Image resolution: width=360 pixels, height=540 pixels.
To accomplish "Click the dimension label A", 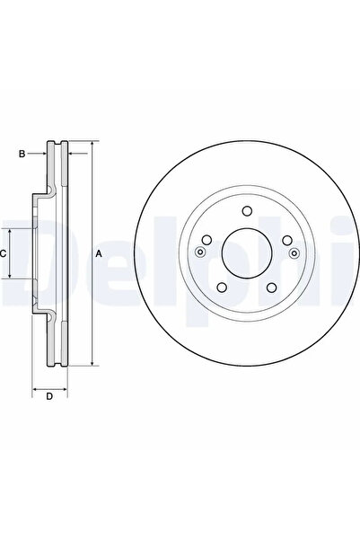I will pyautogui.click(x=99, y=254).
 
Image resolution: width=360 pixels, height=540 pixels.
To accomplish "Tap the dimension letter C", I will pyautogui.click(x=4, y=254).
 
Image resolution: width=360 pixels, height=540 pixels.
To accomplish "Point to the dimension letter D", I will pyautogui.click(x=49, y=396).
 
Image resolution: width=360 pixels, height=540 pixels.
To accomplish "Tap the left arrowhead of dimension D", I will pyautogui.click(x=36, y=388).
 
